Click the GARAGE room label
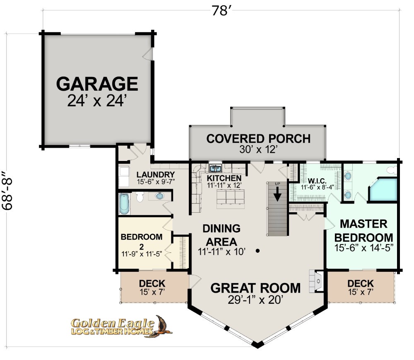pos(97,84)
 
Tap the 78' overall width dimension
pos(221,11)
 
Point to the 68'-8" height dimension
pos(7,190)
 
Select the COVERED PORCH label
pos(258,139)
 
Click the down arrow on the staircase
pos(277,194)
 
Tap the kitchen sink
pos(215,168)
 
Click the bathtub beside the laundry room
pos(124,204)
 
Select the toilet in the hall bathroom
pos(140,197)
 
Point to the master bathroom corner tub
pos(383,190)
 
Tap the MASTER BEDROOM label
pos(363,230)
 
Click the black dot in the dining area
pos(258,251)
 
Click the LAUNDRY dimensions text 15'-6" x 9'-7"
pos(156,182)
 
